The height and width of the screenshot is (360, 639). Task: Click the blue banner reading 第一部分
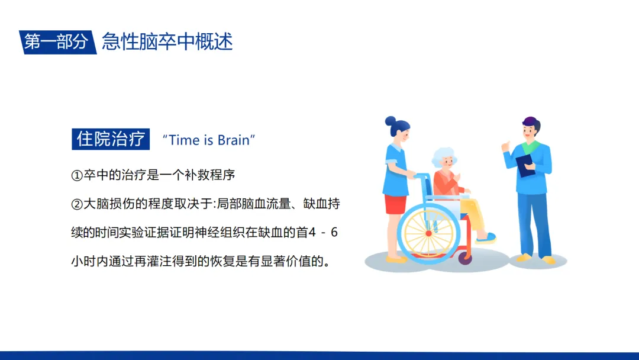pos(57,42)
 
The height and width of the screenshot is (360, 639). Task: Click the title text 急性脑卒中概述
pos(167,41)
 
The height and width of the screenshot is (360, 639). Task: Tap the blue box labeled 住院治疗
pos(111,139)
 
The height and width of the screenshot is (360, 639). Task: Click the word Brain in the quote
pos(234,140)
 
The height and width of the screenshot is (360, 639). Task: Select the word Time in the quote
pos(185,140)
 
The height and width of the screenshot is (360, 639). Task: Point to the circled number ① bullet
pos(77,175)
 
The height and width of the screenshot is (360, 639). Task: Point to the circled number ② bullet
pos(77,204)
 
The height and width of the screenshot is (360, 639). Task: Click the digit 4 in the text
pos(312,232)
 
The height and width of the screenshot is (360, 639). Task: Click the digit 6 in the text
pos(334,232)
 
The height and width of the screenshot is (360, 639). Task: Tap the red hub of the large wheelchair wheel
pos(428,234)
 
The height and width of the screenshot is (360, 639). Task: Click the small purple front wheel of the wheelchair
pos(465,258)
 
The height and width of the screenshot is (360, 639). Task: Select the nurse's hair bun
pos(390,121)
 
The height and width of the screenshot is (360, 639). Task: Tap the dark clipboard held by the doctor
pos(525,166)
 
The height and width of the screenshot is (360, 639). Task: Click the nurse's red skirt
pos(395,204)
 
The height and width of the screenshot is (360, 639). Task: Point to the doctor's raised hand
pos(506,146)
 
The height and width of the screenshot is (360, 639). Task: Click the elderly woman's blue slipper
pos(486,237)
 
